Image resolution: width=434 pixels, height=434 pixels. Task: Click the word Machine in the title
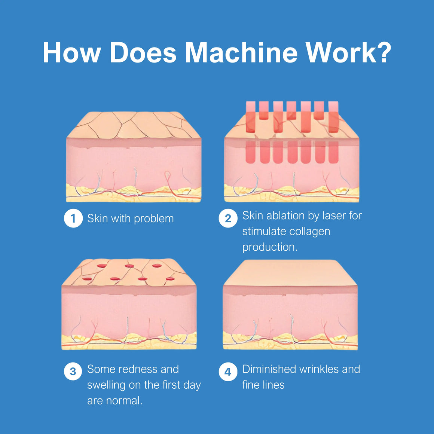tap(241, 52)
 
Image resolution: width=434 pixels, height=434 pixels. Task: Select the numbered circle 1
tap(73, 218)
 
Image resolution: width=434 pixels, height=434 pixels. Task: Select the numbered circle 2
tap(228, 218)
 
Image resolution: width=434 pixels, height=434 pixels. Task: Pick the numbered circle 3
tap(73, 372)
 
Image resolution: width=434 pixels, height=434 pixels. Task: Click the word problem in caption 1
tap(154, 219)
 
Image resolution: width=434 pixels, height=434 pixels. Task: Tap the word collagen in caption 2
tap(309, 232)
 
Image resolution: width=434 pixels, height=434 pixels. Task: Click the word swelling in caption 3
tap(106, 385)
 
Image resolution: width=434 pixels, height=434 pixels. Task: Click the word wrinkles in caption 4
tap(319, 369)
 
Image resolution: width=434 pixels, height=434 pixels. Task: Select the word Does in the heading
tap(143, 52)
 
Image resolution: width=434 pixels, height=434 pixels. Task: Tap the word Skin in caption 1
tap(97, 218)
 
